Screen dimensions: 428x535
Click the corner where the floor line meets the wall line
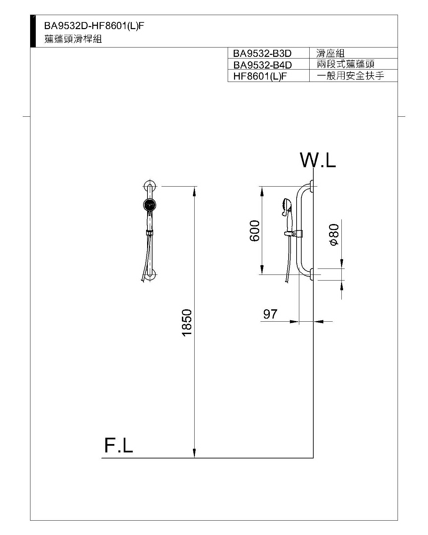[x=313, y=458]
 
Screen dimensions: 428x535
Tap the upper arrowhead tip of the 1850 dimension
[x=195, y=187]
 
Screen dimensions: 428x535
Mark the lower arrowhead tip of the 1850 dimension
[x=195, y=457]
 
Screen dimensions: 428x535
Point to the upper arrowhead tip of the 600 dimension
[x=262, y=187]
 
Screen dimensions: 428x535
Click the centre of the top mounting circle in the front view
[x=150, y=186]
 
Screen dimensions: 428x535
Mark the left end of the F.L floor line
[x=101, y=458]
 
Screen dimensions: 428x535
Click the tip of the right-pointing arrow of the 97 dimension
[x=299, y=321]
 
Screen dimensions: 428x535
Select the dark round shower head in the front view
[x=150, y=205]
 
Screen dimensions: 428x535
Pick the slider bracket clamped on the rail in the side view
[x=294, y=234]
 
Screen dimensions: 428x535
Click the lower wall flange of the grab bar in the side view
[x=312, y=274]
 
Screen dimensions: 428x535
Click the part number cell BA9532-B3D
[x=262, y=53]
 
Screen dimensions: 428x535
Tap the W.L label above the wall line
[x=318, y=159]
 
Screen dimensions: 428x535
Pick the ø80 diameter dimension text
[x=335, y=235]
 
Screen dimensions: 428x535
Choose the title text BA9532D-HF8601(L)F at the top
[x=94, y=26]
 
